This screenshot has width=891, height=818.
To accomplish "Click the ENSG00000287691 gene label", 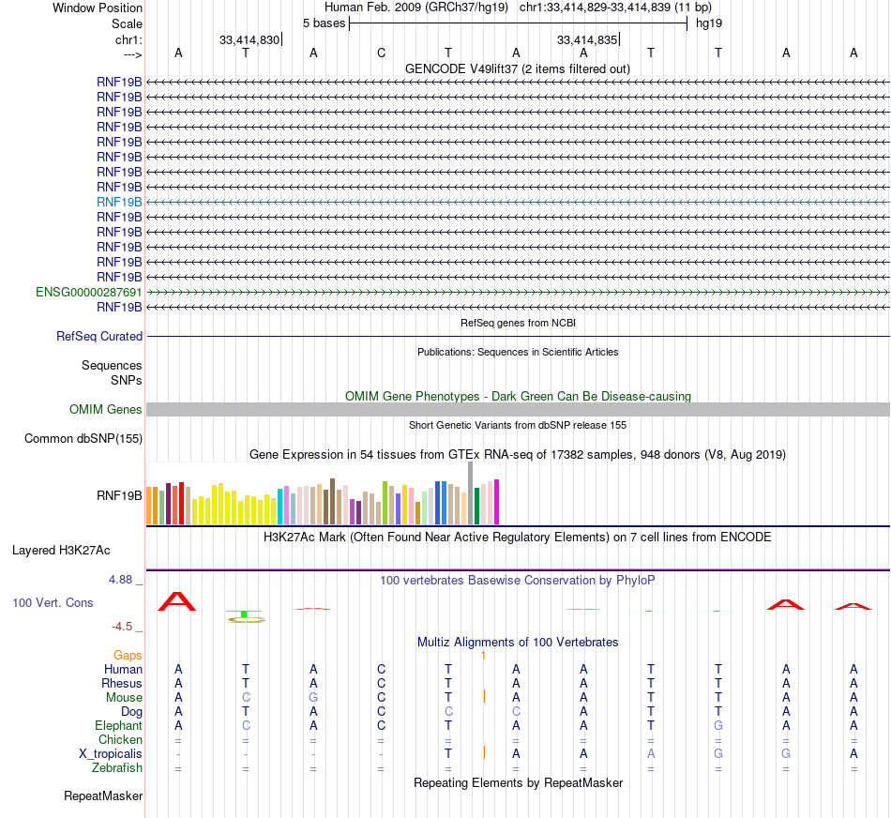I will (89, 292).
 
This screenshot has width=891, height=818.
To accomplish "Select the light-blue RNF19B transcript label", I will (119, 202).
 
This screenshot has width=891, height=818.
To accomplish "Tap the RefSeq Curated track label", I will (99, 336).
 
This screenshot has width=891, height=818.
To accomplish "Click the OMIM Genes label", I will (106, 409).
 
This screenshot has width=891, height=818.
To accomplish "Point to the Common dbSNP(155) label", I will (83, 438).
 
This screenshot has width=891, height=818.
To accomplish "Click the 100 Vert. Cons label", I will (53, 602).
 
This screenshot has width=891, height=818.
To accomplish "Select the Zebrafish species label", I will (118, 768).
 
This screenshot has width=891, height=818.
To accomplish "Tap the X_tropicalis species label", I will (111, 754).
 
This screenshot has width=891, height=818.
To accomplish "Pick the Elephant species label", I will (118, 725).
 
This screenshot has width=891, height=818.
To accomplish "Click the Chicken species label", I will (120, 740).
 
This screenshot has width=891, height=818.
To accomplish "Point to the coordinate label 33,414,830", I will (249, 40).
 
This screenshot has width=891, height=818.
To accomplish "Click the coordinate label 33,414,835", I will (586, 40).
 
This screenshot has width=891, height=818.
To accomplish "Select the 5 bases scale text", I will (324, 23).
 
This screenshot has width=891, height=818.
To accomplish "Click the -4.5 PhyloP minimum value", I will (123, 627).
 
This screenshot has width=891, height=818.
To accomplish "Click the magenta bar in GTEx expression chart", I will (496, 502).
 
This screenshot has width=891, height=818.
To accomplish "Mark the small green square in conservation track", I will (244, 613).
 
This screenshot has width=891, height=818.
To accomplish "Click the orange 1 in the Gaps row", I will (483, 655).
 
